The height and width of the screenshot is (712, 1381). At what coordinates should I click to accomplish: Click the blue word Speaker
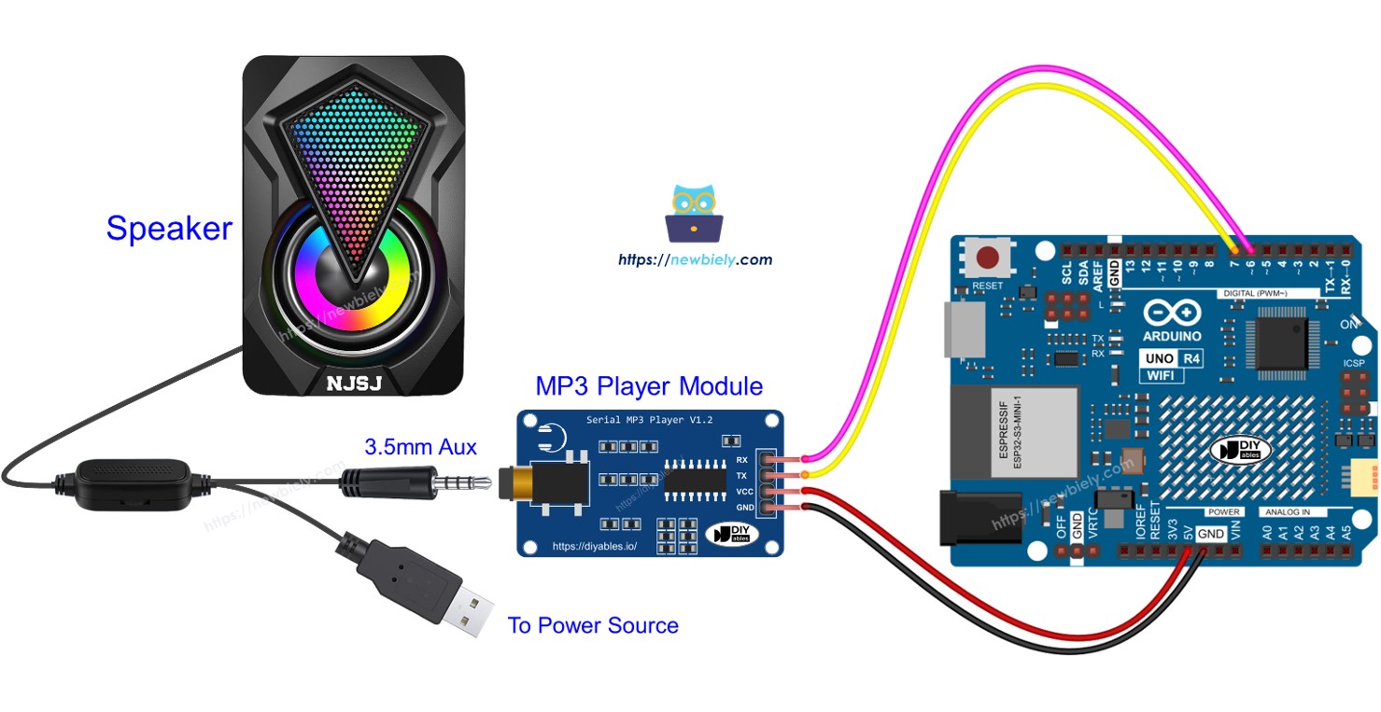tap(169, 229)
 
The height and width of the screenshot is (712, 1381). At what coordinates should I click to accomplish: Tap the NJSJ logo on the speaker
tap(353, 383)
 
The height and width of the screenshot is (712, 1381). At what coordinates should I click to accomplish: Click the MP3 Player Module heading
tap(649, 386)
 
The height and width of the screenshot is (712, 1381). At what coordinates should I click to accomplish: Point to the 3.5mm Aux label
tap(420, 448)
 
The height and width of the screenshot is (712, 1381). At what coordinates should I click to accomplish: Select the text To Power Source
tap(592, 625)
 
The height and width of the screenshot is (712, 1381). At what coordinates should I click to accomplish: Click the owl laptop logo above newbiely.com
tap(694, 215)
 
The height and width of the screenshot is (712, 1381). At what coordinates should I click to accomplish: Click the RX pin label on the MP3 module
tap(742, 460)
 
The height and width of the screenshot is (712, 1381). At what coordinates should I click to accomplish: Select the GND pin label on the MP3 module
tap(744, 507)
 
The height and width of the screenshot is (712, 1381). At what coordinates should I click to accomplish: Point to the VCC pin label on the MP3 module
tap(744, 491)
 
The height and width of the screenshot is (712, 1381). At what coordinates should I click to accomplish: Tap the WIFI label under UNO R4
tap(1160, 375)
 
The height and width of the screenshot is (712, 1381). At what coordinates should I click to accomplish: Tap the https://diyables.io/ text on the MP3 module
tap(595, 546)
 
